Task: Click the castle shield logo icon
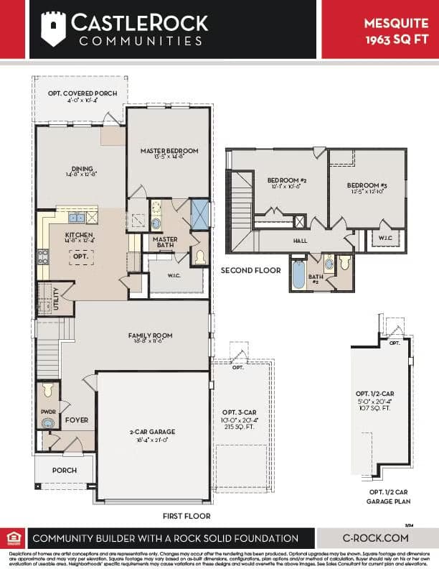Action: [53, 28]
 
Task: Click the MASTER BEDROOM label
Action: [169, 151]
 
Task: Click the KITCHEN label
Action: [80, 235]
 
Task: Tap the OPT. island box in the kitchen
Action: [81, 256]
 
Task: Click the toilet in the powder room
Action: [48, 391]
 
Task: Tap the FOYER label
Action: [77, 420]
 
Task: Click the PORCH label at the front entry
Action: [64, 471]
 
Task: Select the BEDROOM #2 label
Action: [287, 180]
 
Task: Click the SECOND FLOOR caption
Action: [250, 271]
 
